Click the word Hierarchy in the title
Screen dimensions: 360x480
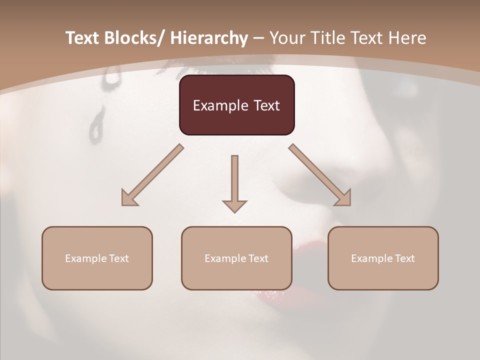(209, 38)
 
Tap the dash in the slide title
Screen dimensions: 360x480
(258, 38)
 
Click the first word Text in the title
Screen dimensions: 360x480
(83, 38)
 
